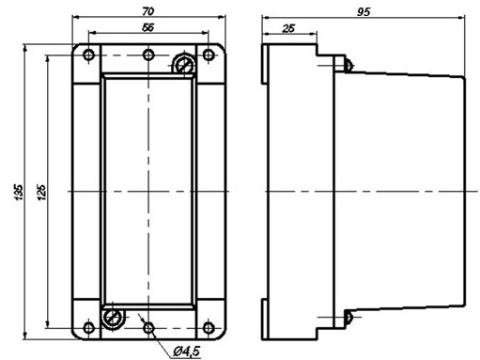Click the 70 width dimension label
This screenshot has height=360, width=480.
[148, 11]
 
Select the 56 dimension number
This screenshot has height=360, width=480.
[148, 27]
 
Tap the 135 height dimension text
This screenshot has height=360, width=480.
[19, 192]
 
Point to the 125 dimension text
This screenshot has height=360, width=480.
[41, 192]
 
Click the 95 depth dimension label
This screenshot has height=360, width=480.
[364, 12]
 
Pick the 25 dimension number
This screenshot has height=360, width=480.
[288, 28]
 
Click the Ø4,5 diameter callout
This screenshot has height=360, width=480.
[187, 351]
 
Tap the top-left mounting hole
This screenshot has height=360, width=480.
[89, 55]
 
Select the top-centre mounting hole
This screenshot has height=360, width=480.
[148, 55]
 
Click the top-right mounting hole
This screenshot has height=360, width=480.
[209, 55]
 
